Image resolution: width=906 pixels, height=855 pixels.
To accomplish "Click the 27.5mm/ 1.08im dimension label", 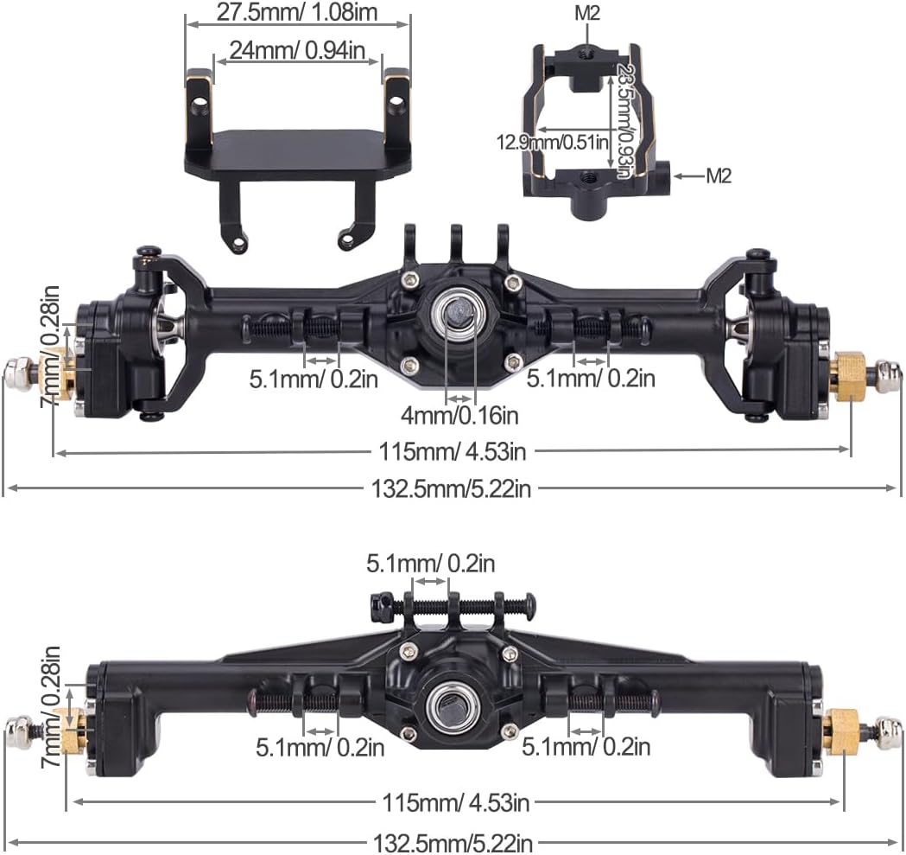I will [x=297, y=13].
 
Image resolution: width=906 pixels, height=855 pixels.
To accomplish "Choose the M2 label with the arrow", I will [x=719, y=175].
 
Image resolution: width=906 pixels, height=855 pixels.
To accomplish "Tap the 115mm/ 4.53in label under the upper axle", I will [x=453, y=450].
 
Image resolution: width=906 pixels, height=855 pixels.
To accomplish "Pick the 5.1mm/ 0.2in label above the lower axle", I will [x=431, y=564].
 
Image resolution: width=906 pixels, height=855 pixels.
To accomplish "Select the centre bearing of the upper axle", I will [x=454, y=312].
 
